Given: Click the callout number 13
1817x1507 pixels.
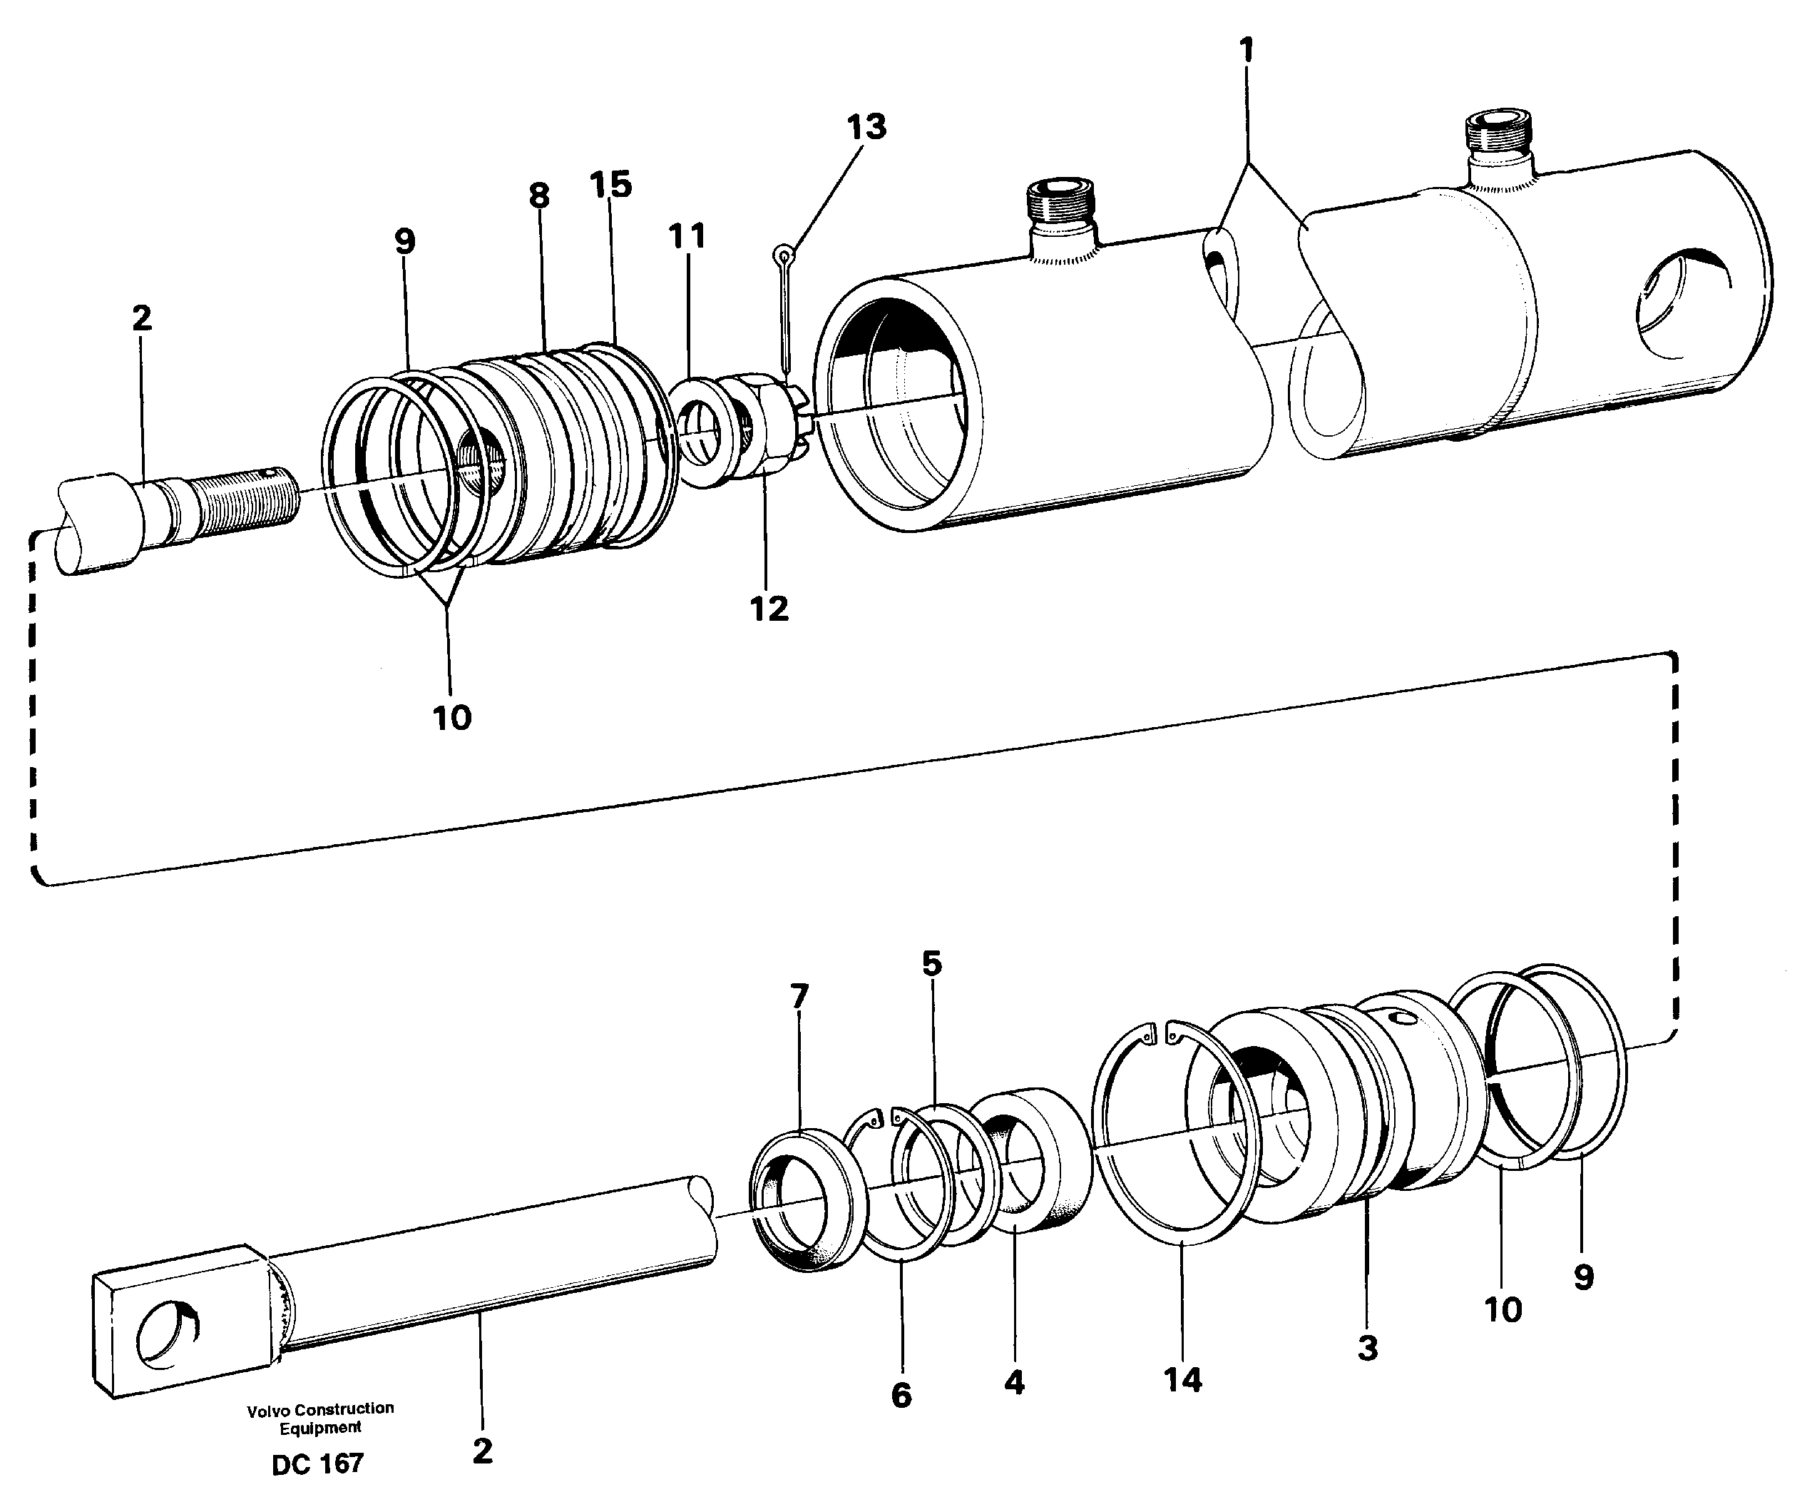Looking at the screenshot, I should (866, 127).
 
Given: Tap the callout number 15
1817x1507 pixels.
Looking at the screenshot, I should (611, 184).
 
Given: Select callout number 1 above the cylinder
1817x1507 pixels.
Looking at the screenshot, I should (1246, 52).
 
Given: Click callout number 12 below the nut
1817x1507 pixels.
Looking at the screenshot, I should (768, 609).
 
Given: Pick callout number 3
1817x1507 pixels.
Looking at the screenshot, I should (1367, 1348).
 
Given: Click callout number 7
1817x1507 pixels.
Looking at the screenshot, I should (799, 996).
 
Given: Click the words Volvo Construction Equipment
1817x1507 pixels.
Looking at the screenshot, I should (320, 1418).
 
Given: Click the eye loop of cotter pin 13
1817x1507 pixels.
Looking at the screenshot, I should (784, 255).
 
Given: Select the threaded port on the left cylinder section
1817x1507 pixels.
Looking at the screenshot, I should (1059, 211).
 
